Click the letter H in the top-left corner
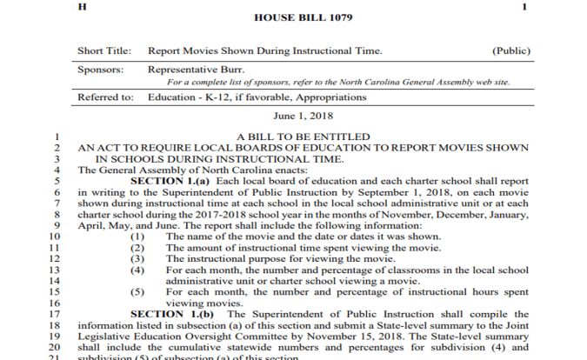82,6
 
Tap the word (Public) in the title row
510,51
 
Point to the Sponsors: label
100,69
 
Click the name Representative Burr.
195,69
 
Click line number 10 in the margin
54,237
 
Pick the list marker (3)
137,259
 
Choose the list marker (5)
137,293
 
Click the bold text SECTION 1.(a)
164,180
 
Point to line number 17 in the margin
54,314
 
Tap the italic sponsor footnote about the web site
338,82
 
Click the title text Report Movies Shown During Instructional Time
264,51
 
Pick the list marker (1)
137,237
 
